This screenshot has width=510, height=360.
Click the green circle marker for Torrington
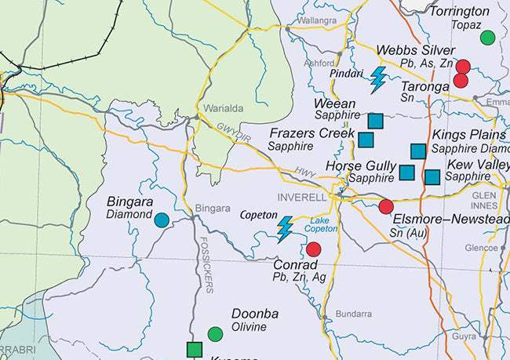487,37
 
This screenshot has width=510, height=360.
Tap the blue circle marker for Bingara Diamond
161,220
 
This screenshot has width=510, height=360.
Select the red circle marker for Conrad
313,249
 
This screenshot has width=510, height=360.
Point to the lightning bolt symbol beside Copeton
286,229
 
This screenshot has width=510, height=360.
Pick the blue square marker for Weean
375,120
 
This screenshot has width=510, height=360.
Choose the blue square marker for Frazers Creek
366,139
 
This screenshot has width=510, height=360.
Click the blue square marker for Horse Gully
406,172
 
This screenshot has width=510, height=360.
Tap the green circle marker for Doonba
215,334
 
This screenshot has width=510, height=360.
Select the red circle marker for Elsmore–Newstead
386,206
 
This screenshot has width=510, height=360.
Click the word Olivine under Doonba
249,327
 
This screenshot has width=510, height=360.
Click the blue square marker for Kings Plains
418,151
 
